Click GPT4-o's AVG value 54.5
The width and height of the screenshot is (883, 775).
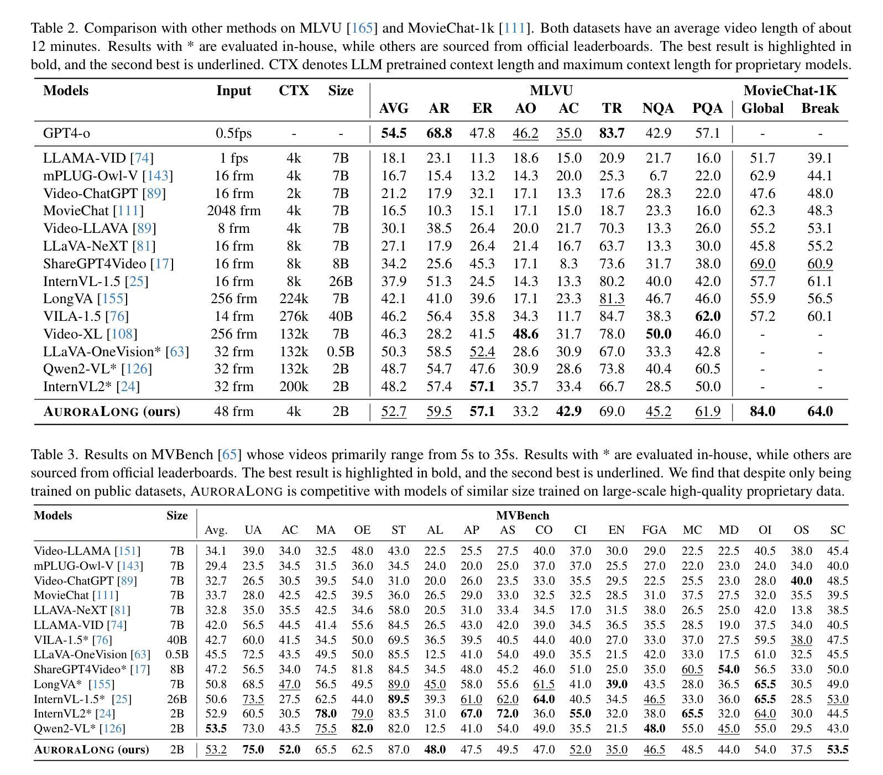(x=394, y=133)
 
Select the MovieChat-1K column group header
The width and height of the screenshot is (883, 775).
(x=790, y=91)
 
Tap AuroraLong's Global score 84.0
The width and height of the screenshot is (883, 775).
(x=762, y=412)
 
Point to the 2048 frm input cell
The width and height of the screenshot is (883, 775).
(x=234, y=211)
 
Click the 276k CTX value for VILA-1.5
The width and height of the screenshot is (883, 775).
(x=294, y=316)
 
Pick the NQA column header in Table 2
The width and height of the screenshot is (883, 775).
(x=658, y=108)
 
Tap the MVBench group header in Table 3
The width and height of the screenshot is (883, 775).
(x=523, y=516)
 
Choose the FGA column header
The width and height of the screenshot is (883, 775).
(x=654, y=530)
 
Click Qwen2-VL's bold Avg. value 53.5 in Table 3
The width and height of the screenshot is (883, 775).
(x=216, y=729)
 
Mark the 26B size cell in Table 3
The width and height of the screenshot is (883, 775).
(x=177, y=699)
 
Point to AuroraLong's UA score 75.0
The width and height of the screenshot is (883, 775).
(x=253, y=750)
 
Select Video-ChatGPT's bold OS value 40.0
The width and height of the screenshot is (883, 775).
(x=801, y=581)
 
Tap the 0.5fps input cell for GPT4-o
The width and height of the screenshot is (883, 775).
(x=234, y=133)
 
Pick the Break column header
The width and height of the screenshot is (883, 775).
(x=820, y=108)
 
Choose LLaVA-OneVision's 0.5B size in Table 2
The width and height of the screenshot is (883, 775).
(x=341, y=352)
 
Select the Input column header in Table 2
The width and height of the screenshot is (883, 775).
(x=234, y=91)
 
